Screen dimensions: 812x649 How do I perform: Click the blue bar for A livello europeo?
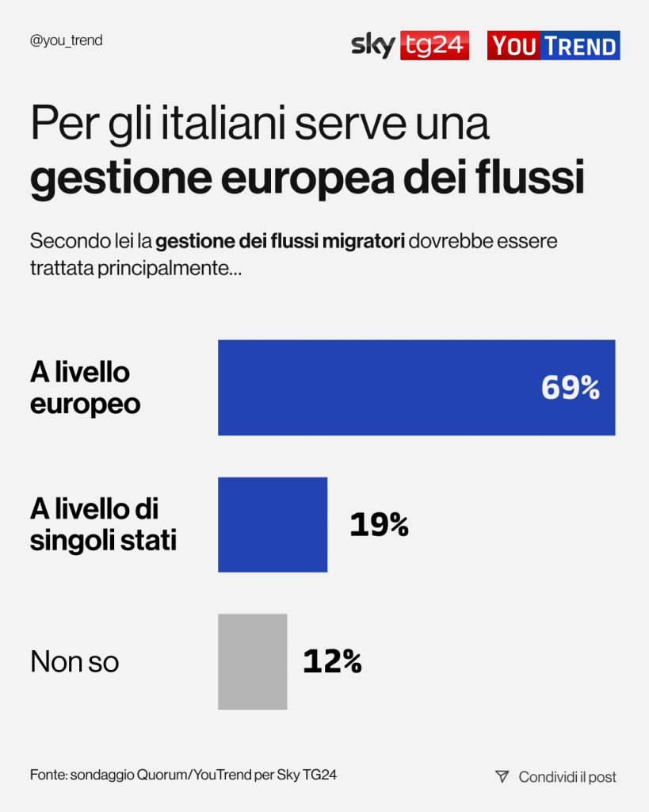(416, 388)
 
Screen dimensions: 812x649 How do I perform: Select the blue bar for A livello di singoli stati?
(273, 524)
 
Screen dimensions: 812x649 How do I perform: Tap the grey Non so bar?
(252, 661)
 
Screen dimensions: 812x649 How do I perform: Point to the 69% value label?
(570, 388)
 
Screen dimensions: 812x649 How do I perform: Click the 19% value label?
(379, 525)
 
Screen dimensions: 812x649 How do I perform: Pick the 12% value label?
(332, 661)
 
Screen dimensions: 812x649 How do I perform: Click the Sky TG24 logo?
(410, 45)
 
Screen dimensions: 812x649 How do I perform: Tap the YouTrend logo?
(553, 45)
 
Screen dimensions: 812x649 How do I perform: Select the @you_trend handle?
(66, 40)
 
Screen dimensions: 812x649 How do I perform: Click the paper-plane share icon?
(501, 776)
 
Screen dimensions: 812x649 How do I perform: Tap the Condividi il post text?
(567, 777)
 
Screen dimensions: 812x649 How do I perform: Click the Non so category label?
(74, 661)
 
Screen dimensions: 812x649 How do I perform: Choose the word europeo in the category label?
(85, 404)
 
